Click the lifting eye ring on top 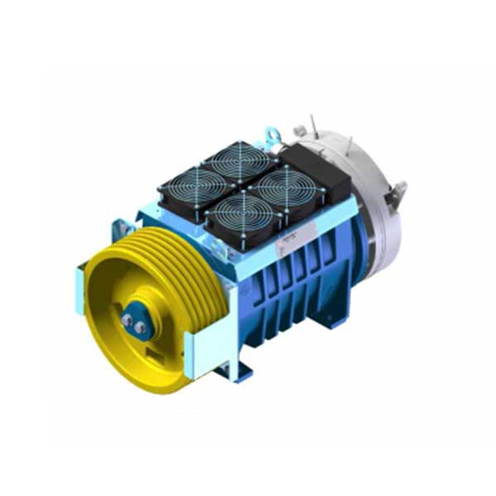[270, 132]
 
